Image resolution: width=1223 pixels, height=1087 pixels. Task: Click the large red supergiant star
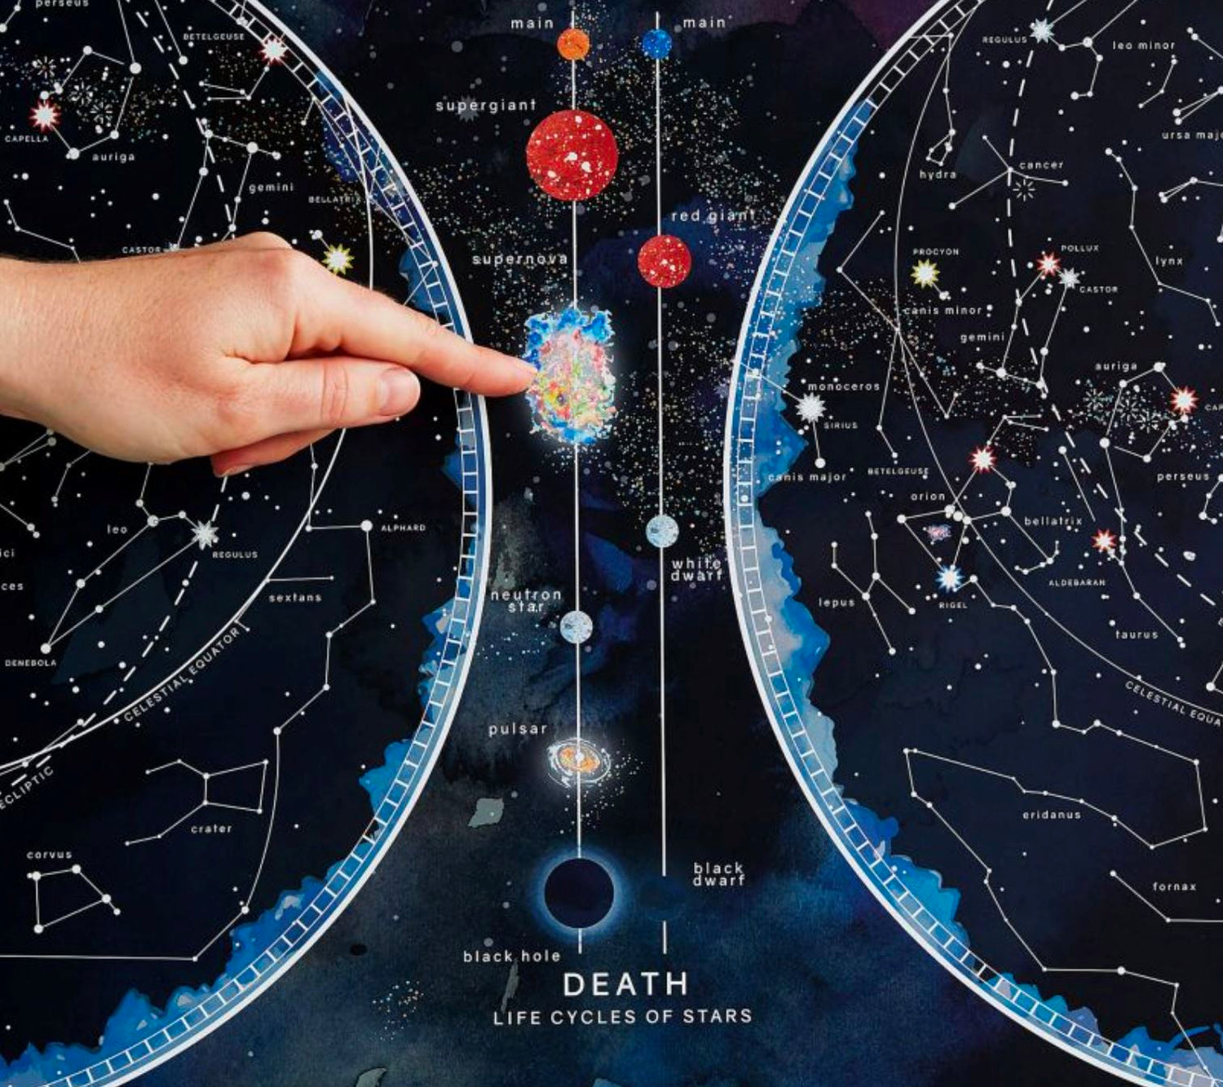click(x=572, y=155)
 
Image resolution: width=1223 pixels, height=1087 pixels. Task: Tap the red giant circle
click(x=664, y=261)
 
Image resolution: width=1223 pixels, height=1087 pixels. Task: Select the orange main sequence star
click(x=573, y=44)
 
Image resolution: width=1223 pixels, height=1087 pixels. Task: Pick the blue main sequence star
click(x=656, y=44)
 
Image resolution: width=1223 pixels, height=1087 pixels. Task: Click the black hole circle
click(x=579, y=895)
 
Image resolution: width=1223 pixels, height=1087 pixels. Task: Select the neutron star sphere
click(x=576, y=626)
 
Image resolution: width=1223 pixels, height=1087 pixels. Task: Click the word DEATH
click(x=625, y=984)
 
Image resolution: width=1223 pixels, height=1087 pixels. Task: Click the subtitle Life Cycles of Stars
click(x=622, y=1017)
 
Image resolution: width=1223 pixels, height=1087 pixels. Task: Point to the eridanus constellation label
click(x=1051, y=815)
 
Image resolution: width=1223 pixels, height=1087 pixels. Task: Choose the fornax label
click(x=1174, y=886)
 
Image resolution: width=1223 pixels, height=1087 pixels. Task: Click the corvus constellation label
click(x=49, y=855)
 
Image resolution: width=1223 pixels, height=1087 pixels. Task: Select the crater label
click(x=211, y=829)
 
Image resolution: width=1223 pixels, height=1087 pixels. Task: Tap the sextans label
click(x=294, y=598)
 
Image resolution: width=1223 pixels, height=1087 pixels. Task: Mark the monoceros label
click(x=843, y=387)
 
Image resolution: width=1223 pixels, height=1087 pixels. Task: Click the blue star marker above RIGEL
click(x=950, y=578)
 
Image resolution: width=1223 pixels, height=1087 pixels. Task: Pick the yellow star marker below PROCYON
click(x=925, y=273)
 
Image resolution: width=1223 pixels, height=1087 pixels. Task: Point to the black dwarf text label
click(x=718, y=873)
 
